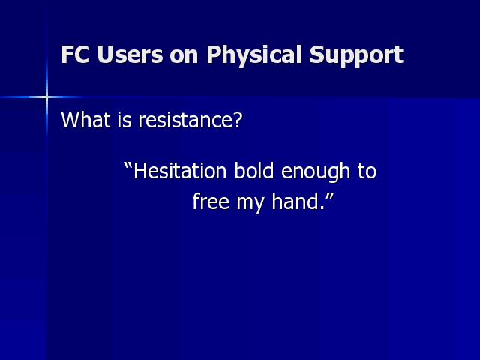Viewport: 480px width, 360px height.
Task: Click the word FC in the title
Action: [75, 55]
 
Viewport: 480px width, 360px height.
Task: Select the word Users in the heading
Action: [130, 55]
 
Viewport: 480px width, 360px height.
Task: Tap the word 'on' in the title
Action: [184, 57]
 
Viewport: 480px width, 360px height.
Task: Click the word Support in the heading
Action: [356, 55]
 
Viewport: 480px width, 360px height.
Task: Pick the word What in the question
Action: [85, 120]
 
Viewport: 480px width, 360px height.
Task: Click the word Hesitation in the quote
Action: [180, 171]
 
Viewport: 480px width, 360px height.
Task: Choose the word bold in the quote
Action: [253, 171]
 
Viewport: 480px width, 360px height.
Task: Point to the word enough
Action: [315, 172]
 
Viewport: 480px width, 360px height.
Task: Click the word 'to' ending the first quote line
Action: [367, 172]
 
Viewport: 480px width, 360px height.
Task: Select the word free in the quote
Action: [211, 202]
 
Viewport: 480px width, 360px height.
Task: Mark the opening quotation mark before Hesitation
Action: [128, 166]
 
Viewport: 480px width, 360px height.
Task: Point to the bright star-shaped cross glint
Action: [46, 97]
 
